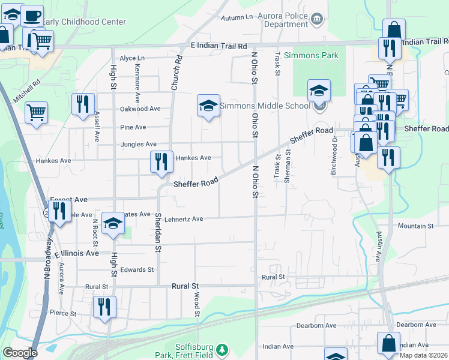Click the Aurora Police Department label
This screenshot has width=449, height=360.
[283, 20]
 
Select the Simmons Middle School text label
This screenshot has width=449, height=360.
[265, 106]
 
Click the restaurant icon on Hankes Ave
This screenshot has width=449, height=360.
[161, 162]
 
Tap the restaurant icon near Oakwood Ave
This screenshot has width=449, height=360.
[83, 104]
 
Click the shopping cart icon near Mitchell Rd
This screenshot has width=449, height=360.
[37, 112]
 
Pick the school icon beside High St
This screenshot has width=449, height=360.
[112, 224]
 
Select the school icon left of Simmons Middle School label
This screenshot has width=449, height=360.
[208, 106]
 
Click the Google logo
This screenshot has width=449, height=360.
[20, 353]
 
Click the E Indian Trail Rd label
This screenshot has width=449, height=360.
[218, 46]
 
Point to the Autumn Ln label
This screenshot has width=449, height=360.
[237, 17]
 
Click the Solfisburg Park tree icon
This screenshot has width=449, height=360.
[222, 349]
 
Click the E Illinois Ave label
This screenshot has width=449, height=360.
[76, 253]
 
